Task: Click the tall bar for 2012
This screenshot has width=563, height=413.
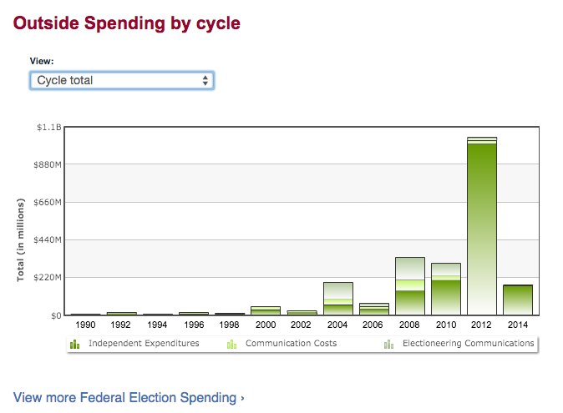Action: click(482, 225)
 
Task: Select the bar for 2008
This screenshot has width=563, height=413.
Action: click(410, 286)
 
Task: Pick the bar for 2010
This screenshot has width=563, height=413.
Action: click(446, 289)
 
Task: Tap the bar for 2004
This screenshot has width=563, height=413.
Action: click(338, 298)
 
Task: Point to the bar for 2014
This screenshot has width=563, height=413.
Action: click(518, 300)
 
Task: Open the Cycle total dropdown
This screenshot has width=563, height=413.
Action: click(122, 80)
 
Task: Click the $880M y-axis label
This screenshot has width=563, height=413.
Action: click(48, 165)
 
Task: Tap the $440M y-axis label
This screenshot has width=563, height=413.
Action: click(48, 240)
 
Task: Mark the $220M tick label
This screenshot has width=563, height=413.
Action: click(48, 278)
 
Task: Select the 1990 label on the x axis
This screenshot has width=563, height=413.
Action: click(86, 324)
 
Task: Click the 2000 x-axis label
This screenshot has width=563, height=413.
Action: click(266, 324)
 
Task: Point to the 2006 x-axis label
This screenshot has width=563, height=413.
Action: click(373, 324)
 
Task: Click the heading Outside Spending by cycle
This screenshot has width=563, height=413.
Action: click(127, 23)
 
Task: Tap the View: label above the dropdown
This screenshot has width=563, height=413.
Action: click(41, 61)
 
